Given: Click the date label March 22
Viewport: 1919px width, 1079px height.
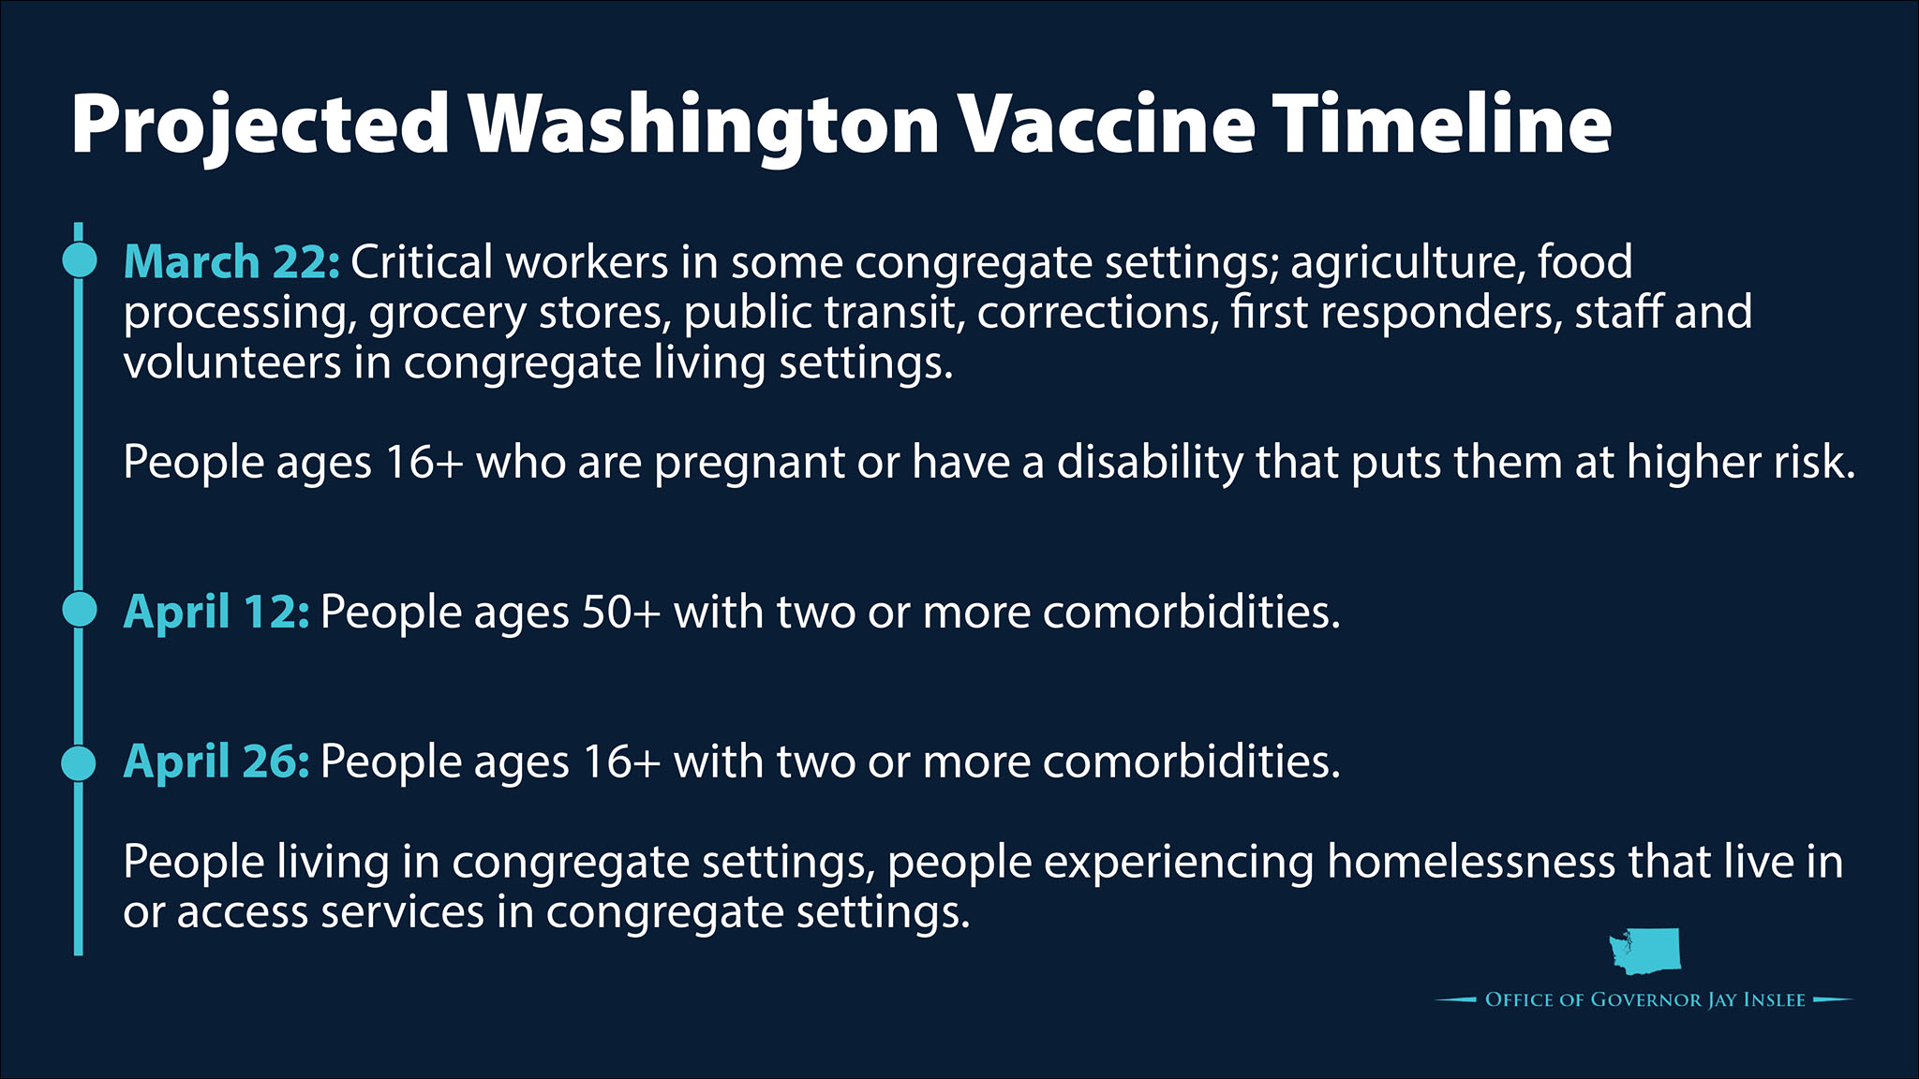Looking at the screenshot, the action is point(231,261).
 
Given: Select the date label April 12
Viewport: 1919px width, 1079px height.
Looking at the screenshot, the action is point(216,613).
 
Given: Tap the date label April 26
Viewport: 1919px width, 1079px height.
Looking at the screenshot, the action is point(216,761).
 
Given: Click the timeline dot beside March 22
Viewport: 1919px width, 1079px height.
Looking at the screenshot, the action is point(80,259).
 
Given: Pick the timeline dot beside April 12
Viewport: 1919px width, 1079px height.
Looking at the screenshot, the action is point(80,610).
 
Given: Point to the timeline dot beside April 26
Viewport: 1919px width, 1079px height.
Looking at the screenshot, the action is point(79,763).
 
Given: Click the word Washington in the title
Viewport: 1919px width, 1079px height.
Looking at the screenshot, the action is point(704,126).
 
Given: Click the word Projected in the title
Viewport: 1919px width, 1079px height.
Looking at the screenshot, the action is point(260,126).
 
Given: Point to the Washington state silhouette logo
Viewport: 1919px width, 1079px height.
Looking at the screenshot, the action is point(1644,952).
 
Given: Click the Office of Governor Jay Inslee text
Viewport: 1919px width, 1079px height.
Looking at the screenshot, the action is point(1645,1000).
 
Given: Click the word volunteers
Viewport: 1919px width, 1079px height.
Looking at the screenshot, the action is point(232,363).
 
